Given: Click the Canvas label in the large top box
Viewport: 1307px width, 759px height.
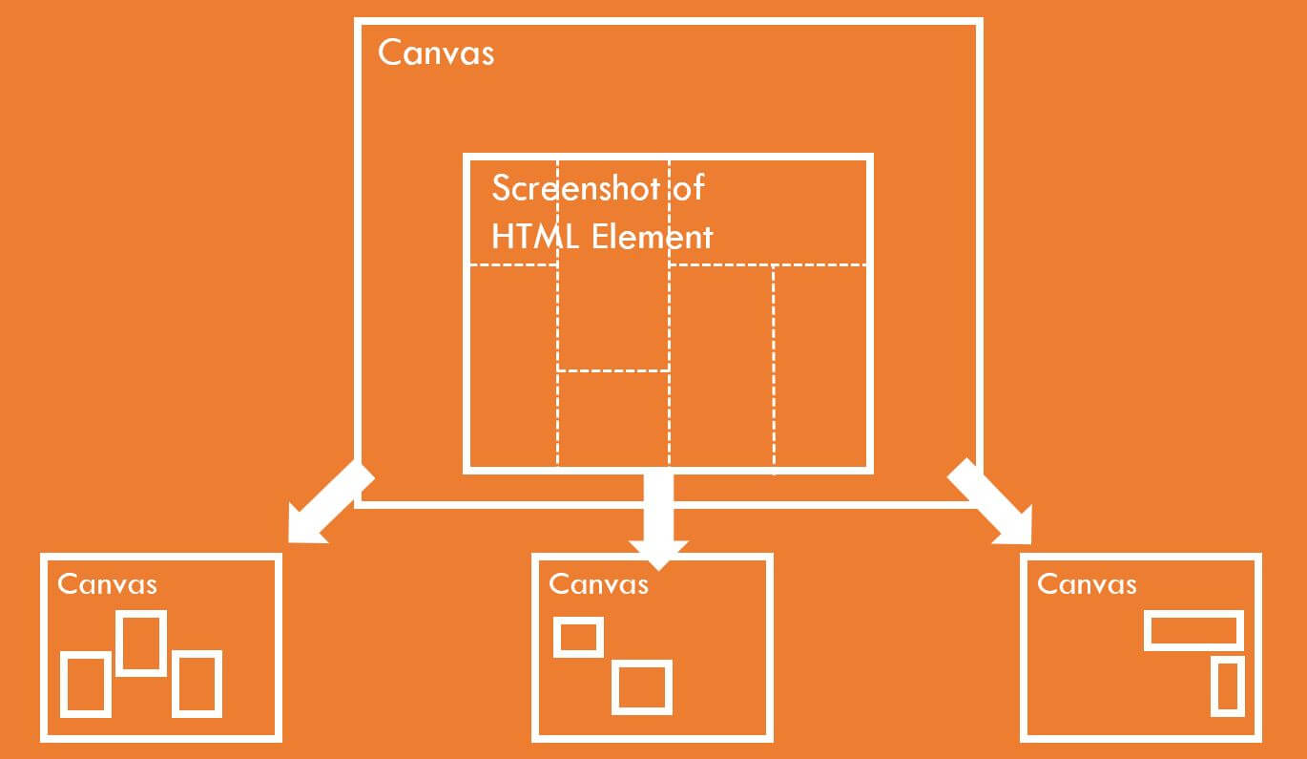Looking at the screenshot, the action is [x=436, y=53].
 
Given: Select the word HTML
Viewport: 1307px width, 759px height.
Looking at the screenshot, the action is [x=535, y=237].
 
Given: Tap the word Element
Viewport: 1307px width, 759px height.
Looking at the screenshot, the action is [x=652, y=237].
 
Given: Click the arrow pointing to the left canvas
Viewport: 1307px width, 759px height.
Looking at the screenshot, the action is [x=331, y=502].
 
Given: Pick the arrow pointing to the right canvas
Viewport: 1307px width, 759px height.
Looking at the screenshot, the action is [x=990, y=501].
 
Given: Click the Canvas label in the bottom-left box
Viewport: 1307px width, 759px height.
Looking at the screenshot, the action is [x=108, y=584].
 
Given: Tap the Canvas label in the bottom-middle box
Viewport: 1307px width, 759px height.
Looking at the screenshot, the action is [x=599, y=584].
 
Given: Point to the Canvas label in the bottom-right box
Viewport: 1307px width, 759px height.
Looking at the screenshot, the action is [x=1087, y=584].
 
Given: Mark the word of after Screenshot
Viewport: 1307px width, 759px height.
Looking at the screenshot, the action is [x=689, y=188].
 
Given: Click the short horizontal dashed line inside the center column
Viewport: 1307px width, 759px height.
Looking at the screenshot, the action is [x=613, y=370].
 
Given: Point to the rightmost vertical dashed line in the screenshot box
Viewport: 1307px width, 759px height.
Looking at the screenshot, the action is [x=774, y=368].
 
